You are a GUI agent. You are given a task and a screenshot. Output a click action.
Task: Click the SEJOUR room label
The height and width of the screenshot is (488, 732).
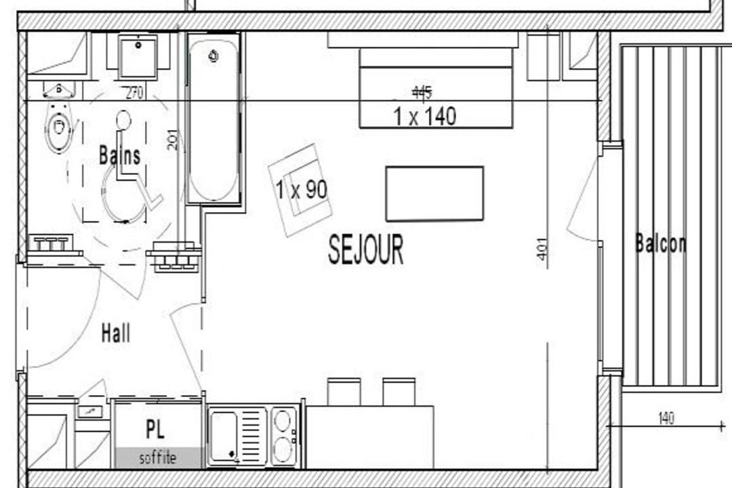click(x=365, y=250)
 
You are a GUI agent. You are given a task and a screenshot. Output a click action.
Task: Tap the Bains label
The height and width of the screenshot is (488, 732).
click(x=119, y=155)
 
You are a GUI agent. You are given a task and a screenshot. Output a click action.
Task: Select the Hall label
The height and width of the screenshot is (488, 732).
click(x=116, y=333)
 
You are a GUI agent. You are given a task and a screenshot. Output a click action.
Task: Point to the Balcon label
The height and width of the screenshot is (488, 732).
click(x=661, y=244)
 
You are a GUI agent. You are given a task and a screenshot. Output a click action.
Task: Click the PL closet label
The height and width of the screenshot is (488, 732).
click(x=155, y=429)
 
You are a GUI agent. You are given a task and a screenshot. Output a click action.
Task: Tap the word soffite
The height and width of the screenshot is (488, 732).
click(x=158, y=457)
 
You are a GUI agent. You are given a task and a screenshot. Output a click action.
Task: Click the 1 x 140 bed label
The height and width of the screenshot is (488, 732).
click(x=425, y=117)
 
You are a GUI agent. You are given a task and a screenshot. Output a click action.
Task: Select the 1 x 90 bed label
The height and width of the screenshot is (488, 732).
click(x=301, y=189)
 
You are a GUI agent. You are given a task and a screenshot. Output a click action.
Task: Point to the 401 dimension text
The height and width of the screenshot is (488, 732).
click(x=542, y=253)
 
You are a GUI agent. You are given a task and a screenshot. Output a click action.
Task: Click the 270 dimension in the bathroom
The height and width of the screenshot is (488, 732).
click(x=134, y=93)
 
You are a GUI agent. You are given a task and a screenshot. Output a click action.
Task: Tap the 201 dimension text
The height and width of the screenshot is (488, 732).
click(x=173, y=140)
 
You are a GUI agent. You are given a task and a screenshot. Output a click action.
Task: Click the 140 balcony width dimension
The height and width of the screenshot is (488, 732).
click(x=666, y=418)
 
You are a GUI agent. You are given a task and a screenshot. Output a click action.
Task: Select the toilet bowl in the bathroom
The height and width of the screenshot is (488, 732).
click(x=59, y=126)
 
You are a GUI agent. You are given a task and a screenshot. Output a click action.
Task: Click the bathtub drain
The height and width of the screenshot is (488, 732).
click(x=213, y=56)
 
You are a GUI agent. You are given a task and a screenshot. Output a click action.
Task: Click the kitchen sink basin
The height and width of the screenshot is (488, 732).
click(x=224, y=435)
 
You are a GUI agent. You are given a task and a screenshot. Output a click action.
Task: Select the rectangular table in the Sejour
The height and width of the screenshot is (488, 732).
click(x=434, y=193)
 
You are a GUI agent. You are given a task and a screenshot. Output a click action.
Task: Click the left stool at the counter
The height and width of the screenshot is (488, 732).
click(x=344, y=392)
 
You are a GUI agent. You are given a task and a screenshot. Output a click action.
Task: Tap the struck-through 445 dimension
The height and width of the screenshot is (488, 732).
click(x=422, y=94)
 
